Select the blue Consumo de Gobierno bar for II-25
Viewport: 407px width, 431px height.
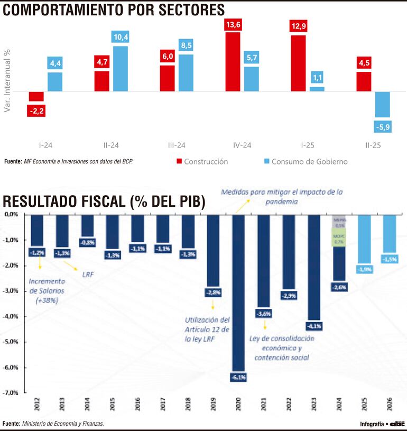point(382,104)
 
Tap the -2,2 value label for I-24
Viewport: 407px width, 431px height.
point(36,111)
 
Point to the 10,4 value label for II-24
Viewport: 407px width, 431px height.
point(120,36)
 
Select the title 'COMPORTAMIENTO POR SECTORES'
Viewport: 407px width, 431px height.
point(114,10)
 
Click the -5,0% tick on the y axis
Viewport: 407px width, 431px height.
point(12,342)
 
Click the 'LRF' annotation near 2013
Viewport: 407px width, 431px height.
point(88,275)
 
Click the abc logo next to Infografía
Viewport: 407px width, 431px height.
point(397,424)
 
